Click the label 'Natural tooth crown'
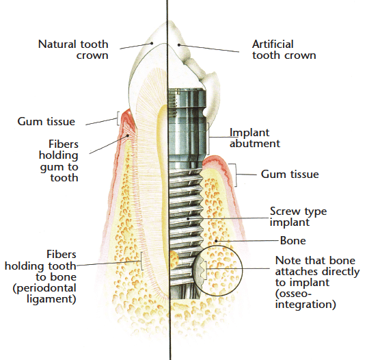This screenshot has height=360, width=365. click(x=73, y=50)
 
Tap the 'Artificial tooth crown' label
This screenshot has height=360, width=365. click(x=284, y=50)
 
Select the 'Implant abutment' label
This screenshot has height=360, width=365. click(x=255, y=138)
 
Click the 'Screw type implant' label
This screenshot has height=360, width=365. click(x=298, y=217)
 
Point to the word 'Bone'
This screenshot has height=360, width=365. click(x=293, y=241)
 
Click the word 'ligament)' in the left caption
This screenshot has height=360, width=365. click(x=51, y=299)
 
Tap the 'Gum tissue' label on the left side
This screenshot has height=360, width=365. click(x=46, y=122)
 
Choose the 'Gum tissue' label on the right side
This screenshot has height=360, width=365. click(x=290, y=175)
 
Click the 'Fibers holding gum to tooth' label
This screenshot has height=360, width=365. click(x=59, y=161)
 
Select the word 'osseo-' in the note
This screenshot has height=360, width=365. click(x=293, y=294)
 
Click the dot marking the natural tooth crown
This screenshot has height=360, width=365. click(x=152, y=43)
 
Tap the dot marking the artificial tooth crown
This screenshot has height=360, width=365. click(x=179, y=44)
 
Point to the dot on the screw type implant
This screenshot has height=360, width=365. click(x=188, y=218)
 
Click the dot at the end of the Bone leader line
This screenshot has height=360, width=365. click(x=216, y=240)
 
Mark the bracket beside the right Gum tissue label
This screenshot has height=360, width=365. click(x=234, y=175)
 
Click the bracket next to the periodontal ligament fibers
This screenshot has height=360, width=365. click(x=141, y=261)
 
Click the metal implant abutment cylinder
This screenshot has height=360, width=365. click(x=187, y=128)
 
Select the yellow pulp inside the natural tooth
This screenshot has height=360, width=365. click(x=163, y=186)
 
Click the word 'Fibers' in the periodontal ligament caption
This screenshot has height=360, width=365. click(x=62, y=254)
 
